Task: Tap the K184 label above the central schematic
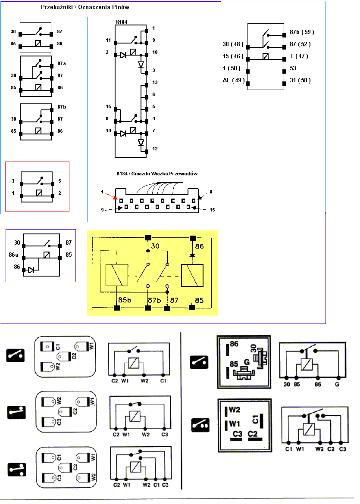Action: (x=122, y=21)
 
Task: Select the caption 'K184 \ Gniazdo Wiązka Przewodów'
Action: (x=157, y=174)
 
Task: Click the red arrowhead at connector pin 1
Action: (x=115, y=197)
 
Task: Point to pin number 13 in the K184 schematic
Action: (x=155, y=82)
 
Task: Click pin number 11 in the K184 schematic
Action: (x=109, y=40)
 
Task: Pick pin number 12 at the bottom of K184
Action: (x=155, y=149)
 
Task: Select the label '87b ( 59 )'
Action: (x=302, y=32)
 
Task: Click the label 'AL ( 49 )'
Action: (x=234, y=80)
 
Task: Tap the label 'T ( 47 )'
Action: (x=299, y=56)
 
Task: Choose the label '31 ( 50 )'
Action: (x=301, y=80)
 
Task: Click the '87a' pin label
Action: (x=62, y=63)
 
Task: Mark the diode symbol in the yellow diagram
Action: (x=193, y=255)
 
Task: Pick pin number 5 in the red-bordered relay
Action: (x=59, y=181)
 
